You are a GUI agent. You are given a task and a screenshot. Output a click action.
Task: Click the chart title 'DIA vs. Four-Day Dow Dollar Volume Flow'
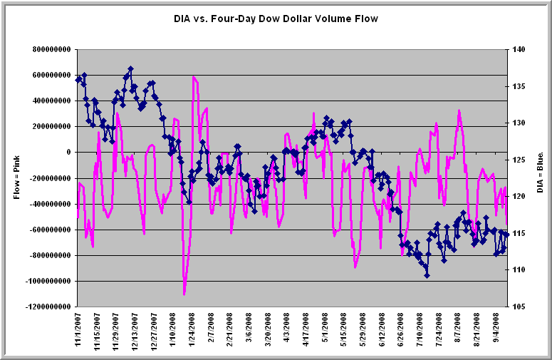(276, 19)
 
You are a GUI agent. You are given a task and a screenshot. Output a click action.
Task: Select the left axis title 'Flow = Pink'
(16, 178)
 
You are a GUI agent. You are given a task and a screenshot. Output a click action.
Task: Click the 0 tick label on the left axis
(68, 153)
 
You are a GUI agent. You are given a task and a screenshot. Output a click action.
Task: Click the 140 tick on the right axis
(517, 49)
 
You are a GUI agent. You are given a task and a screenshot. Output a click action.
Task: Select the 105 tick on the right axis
(517, 307)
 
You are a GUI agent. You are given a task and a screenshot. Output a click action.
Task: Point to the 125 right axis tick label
(517, 160)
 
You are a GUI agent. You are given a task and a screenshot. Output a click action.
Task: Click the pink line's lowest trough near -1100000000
(184, 294)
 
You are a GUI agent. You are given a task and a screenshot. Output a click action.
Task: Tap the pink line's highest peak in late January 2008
(194, 76)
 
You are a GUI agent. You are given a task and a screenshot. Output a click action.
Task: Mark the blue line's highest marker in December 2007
(130, 69)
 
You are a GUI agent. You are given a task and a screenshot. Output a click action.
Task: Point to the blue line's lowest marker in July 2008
(427, 274)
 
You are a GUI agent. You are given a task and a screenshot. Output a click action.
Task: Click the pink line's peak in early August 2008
(459, 110)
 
